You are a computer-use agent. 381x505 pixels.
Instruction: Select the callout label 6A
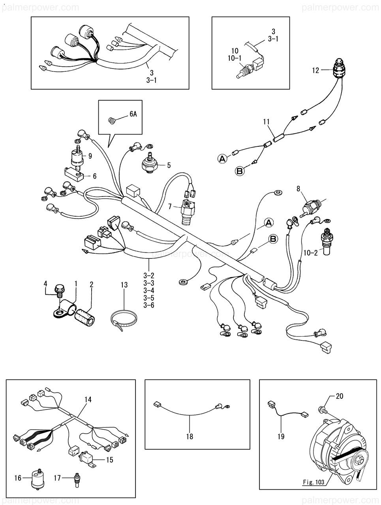(133, 115)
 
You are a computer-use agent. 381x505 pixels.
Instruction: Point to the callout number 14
(88, 400)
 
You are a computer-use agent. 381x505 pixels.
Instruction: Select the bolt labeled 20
(322, 409)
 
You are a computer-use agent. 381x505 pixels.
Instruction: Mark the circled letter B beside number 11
(239, 171)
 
